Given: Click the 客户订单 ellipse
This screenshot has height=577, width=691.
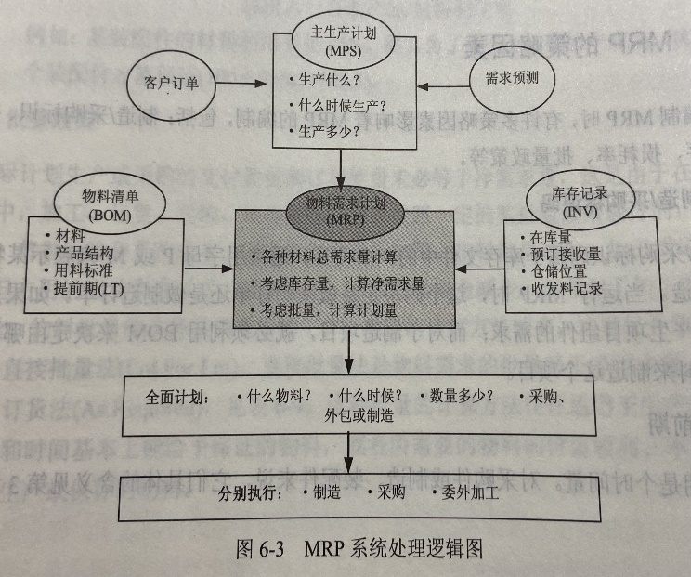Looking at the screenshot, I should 172,82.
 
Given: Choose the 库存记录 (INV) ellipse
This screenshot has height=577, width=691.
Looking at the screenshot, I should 566,196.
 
